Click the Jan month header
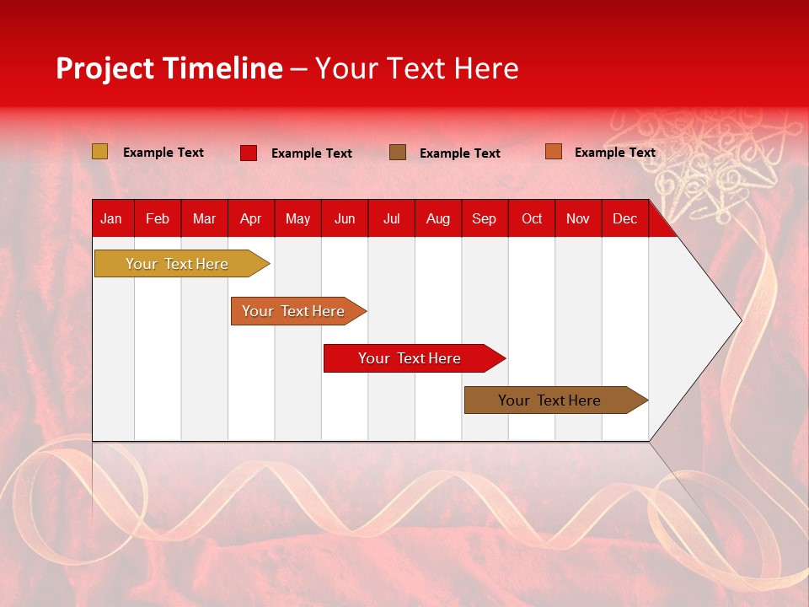coord(111,218)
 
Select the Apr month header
coord(250,218)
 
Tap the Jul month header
coord(391,218)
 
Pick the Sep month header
coord(484,218)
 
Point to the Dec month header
coord(624,218)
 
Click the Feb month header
coord(158,218)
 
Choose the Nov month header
coord(578,218)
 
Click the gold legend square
coord(100,152)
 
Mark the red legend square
coord(249,153)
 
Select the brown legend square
coord(398,153)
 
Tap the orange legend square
coord(553,152)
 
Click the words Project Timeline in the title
coord(169,68)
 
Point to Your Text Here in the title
coord(416,68)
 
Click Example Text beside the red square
coord(312,153)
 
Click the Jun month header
coord(345,218)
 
